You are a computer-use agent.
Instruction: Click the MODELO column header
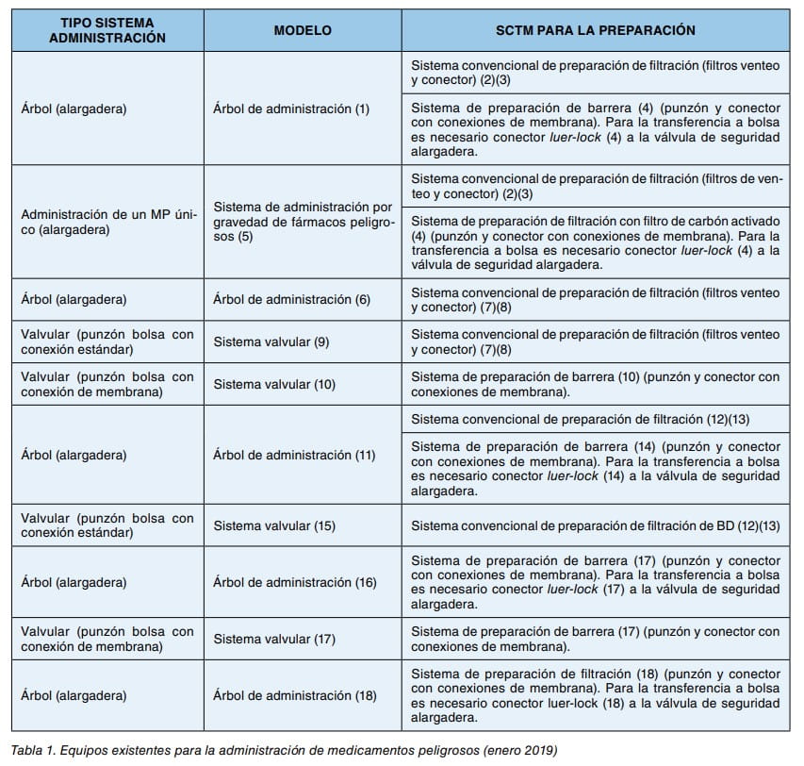click(x=303, y=30)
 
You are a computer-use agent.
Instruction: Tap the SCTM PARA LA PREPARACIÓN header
click(x=596, y=30)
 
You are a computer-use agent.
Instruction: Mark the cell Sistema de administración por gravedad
click(x=298, y=221)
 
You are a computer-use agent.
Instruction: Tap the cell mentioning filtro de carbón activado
click(x=596, y=242)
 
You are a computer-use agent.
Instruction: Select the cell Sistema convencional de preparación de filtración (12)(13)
click(x=581, y=419)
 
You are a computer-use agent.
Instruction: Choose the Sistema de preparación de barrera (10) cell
click(x=596, y=384)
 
